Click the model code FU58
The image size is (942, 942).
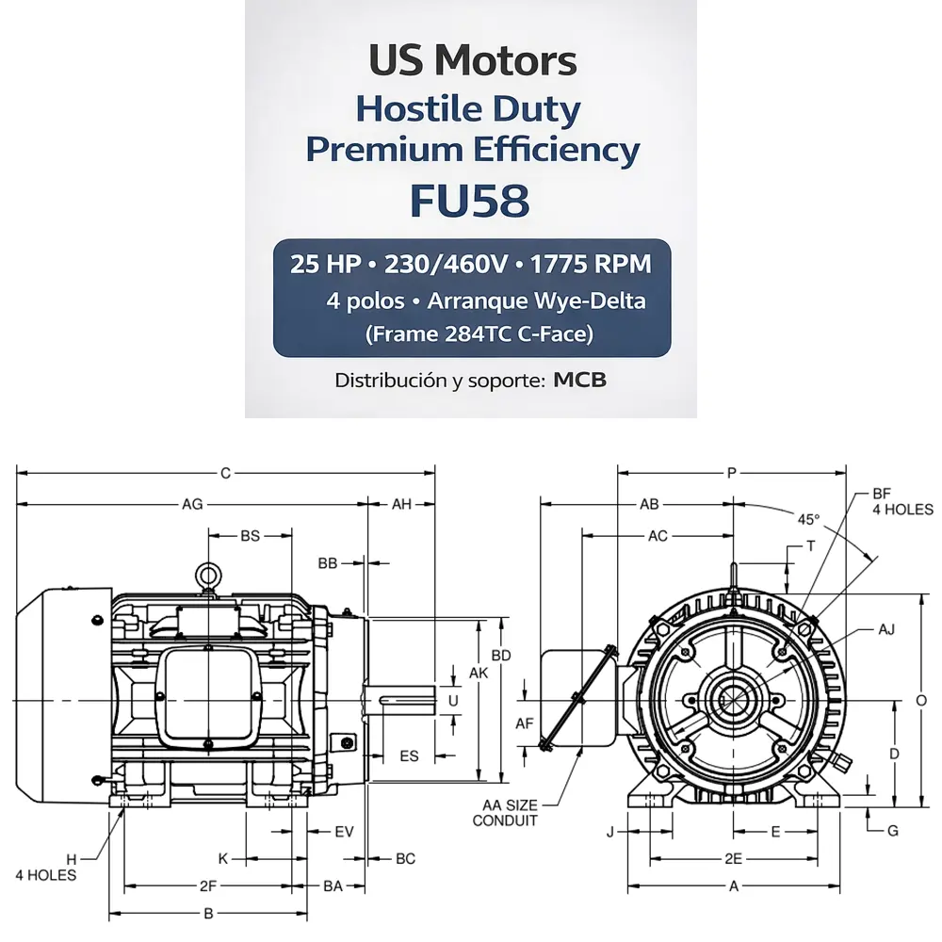coord(470,200)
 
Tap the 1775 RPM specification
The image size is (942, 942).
coord(591,264)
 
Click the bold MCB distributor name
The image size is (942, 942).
coord(579,381)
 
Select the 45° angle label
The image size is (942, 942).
coord(808,519)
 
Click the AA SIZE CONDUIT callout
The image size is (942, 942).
coord(505,812)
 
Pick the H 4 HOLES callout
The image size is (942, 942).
coord(45,867)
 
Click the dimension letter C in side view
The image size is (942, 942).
coord(225,473)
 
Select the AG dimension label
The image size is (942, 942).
coord(192,504)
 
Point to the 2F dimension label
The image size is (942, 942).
coord(208,885)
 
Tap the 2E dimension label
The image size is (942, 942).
coord(734,858)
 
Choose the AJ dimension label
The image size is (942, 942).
coord(885,628)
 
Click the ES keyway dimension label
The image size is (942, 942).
coord(409,755)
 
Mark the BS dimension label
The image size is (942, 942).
coord(250,536)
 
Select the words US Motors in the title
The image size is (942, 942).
coord(472,61)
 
